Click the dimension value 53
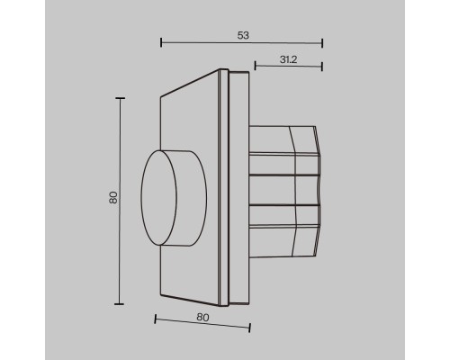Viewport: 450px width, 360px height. point(243,35)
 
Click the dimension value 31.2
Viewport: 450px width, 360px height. point(288,59)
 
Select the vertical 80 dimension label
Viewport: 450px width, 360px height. point(113,197)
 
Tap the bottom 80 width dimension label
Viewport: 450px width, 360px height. point(202,317)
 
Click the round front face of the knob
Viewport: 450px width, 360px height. point(159,198)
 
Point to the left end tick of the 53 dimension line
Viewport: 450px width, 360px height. point(161,42)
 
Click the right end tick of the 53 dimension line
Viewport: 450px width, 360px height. point(322,43)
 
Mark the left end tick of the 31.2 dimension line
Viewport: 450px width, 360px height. point(255,66)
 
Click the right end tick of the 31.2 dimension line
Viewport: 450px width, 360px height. point(322,67)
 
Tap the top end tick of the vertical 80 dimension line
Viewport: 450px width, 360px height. point(120,98)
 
